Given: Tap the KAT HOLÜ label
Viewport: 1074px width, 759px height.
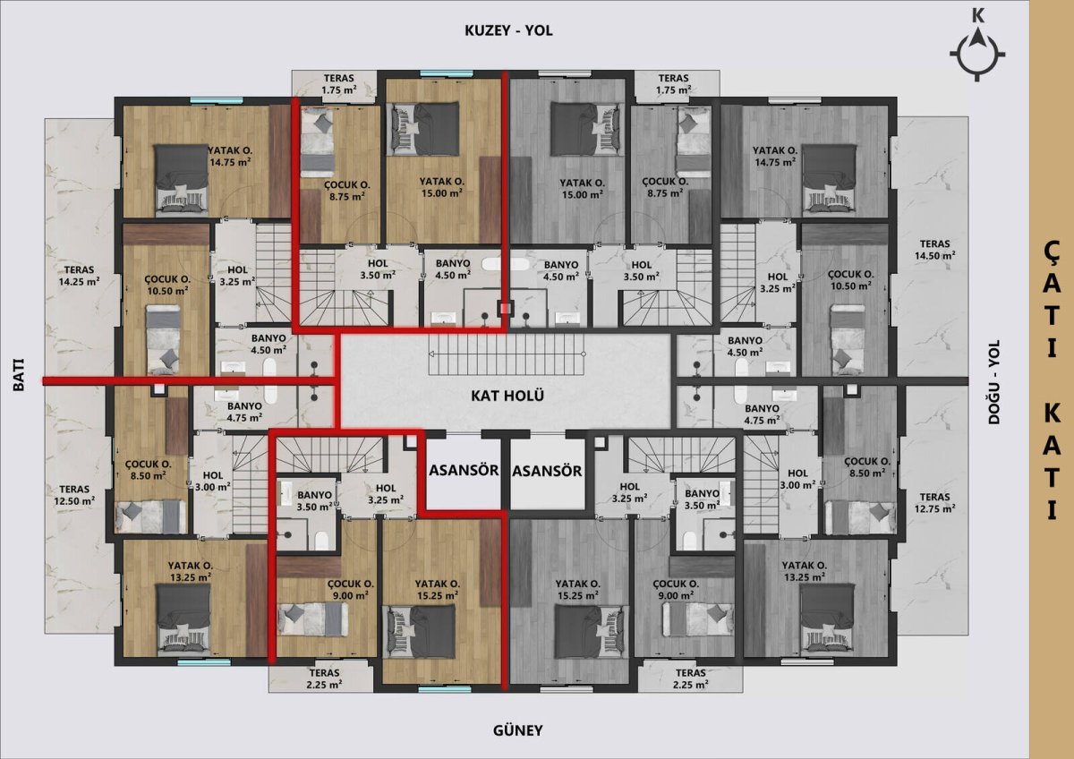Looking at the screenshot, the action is [x=507, y=396].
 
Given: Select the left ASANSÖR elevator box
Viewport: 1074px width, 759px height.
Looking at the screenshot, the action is [x=464, y=472].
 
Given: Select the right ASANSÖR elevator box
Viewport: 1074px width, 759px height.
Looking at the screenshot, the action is [x=547, y=472].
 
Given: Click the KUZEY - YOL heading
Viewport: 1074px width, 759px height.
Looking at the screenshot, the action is [x=508, y=30].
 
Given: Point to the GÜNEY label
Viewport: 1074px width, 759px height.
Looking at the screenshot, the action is [x=518, y=730].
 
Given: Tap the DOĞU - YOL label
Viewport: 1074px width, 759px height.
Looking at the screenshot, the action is [x=994, y=382].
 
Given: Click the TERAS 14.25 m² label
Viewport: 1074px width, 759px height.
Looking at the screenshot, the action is [x=79, y=276].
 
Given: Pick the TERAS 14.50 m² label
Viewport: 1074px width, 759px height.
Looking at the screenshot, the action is [x=934, y=250].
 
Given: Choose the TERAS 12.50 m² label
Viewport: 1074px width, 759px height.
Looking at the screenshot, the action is [x=74, y=495].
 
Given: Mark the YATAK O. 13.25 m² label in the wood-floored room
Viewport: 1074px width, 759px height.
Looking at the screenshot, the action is [x=191, y=572].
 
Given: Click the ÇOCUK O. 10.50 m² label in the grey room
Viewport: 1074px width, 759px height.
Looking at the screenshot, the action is [x=851, y=280].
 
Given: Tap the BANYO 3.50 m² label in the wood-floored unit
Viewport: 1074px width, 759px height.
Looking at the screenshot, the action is [x=314, y=500].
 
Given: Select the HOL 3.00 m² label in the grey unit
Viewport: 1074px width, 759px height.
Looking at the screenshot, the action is [x=797, y=479].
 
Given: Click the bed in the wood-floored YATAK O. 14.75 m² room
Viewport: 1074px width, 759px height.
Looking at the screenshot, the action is [x=181, y=178].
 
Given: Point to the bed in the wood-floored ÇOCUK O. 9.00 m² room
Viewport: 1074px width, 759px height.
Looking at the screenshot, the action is [x=312, y=619].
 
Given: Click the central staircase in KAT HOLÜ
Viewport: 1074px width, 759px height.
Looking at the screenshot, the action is [x=507, y=354].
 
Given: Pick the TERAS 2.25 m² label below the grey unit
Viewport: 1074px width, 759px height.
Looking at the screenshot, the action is [x=690, y=679].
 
